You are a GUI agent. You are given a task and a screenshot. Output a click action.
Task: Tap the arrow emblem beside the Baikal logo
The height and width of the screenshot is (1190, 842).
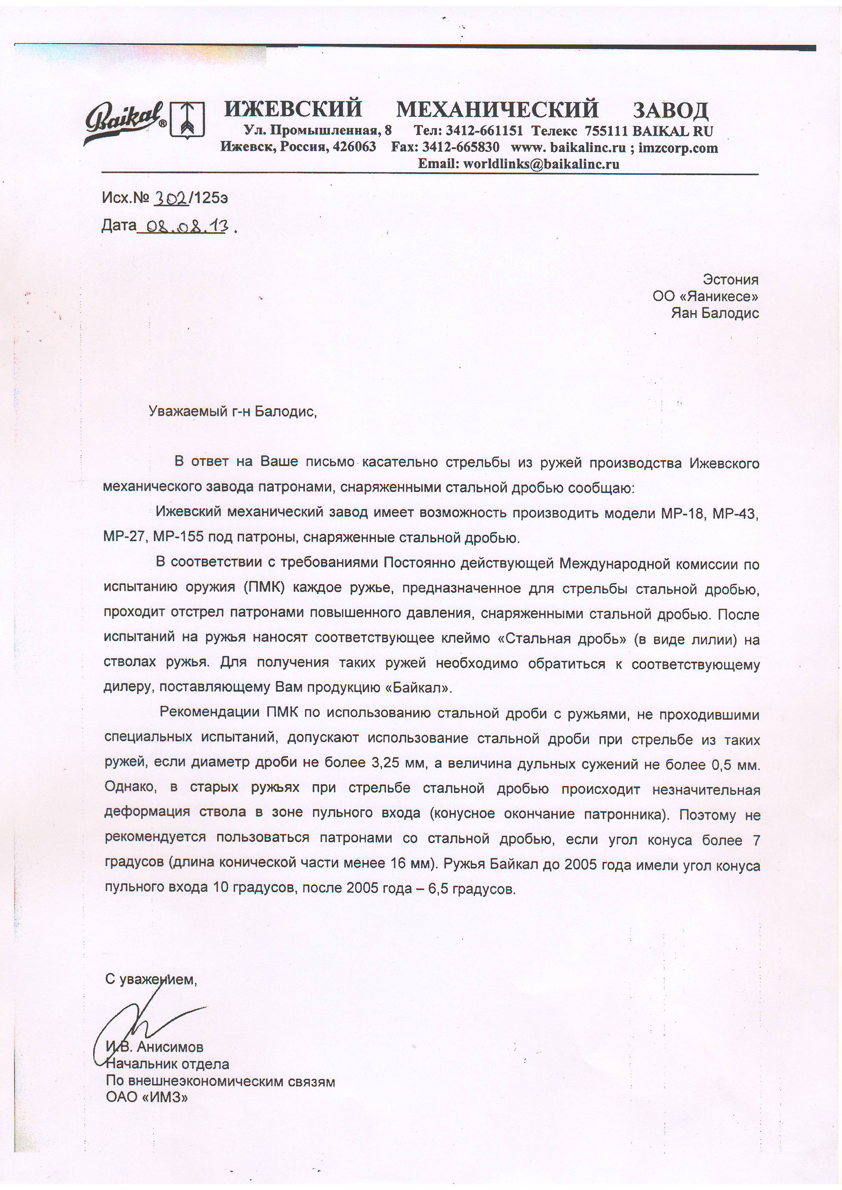click(188, 119)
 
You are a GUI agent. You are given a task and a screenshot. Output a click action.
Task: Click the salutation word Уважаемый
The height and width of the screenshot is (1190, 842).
click(188, 412)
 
